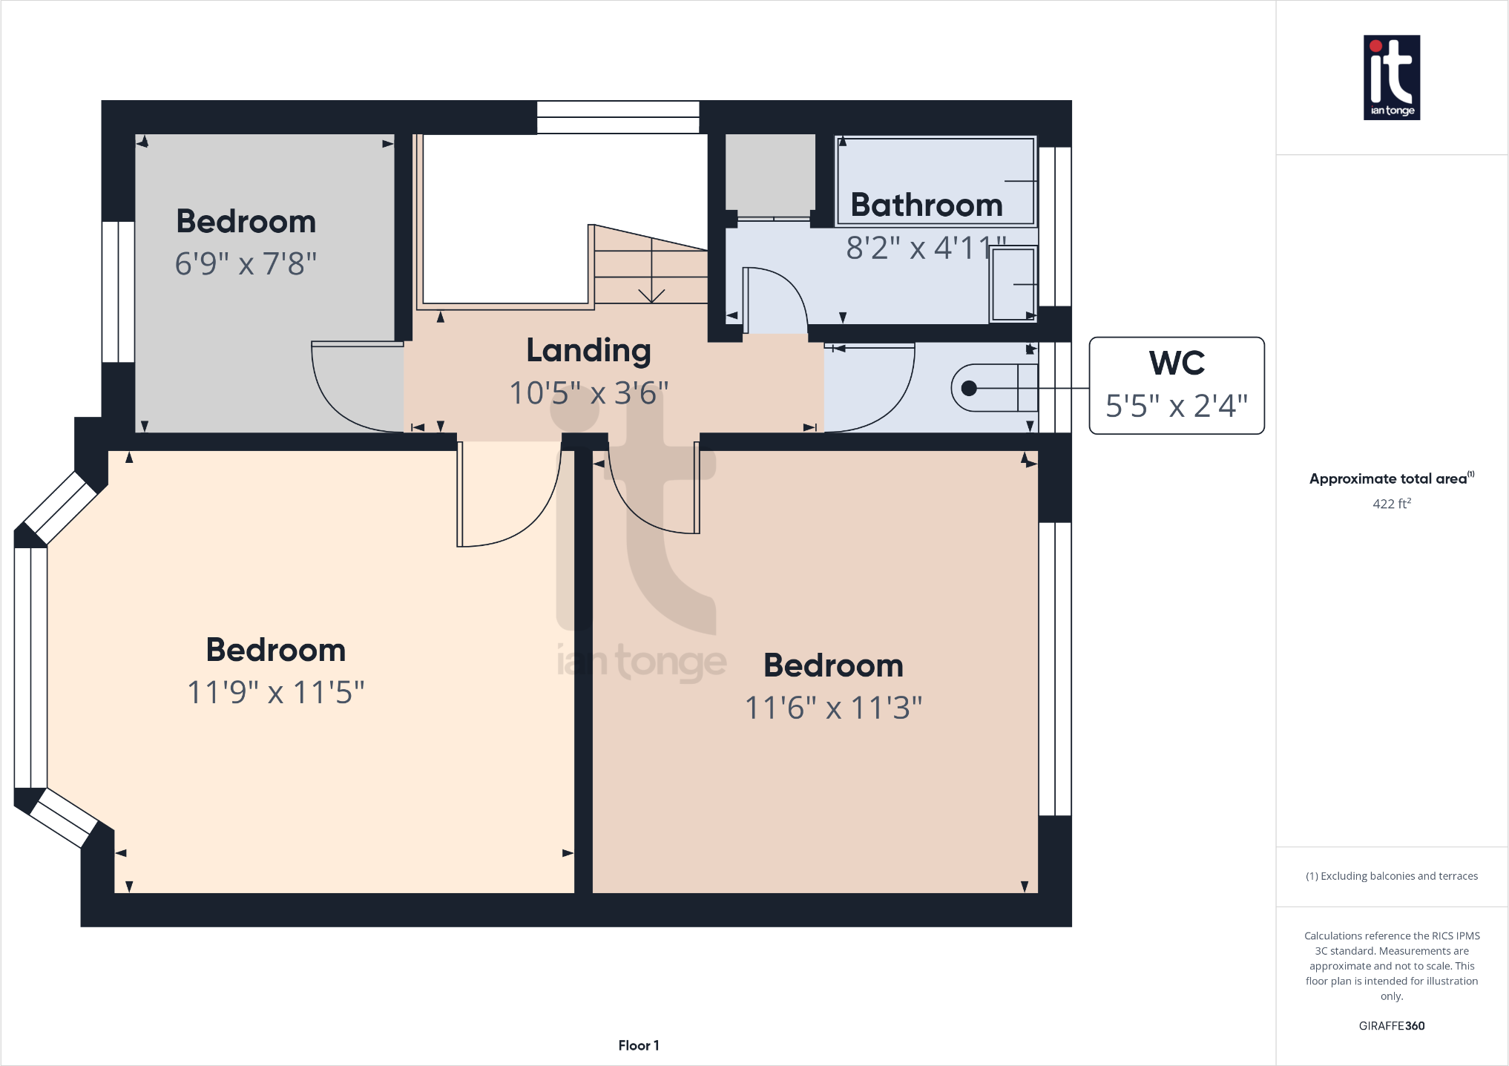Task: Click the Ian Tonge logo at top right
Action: (x=1391, y=77)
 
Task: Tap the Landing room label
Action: (x=588, y=351)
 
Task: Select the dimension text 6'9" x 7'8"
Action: (x=246, y=263)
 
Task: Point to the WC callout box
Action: (x=1176, y=386)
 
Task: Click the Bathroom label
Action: (x=926, y=205)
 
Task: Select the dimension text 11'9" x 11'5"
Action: (x=275, y=692)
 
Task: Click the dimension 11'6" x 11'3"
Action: (x=832, y=708)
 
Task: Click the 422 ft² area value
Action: (x=1391, y=504)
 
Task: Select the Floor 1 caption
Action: (x=638, y=1045)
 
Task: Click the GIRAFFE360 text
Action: (x=1391, y=1026)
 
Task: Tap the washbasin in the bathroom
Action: (x=1013, y=285)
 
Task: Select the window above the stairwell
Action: (x=618, y=117)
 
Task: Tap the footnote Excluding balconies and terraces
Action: (x=1391, y=876)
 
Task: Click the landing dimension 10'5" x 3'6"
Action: (x=588, y=393)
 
